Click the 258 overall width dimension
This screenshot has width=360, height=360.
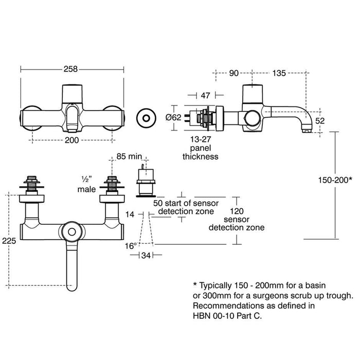(71, 69)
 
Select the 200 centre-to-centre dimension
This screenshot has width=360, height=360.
(71, 140)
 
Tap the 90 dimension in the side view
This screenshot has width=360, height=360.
(233, 73)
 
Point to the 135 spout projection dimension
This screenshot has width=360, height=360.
(279, 73)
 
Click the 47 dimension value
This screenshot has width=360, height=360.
(205, 95)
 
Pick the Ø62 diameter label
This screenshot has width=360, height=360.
(173, 118)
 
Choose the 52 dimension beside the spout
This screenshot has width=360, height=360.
(320, 121)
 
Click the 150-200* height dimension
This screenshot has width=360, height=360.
(335, 180)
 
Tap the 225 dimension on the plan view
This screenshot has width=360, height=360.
(9, 241)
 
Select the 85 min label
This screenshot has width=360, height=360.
(129, 156)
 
